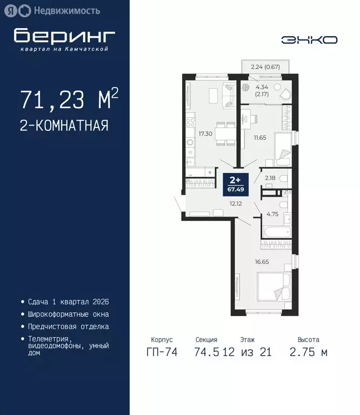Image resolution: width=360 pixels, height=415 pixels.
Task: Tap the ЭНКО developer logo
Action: point(310,39)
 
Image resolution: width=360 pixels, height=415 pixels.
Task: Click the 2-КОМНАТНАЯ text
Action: point(64,126)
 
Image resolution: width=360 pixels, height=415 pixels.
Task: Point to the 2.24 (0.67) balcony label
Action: point(265,68)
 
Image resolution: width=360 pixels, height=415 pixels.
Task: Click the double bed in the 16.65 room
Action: point(274,290)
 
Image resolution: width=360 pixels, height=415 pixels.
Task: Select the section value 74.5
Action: point(205,353)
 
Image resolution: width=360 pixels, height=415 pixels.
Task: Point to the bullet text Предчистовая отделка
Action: point(68,326)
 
